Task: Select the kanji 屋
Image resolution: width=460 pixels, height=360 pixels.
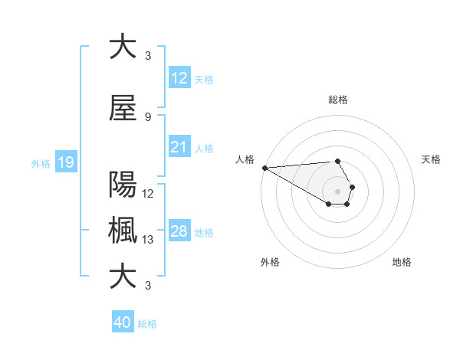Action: pyautogui.click(x=123, y=110)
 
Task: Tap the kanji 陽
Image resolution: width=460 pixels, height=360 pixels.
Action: pyautogui.click(x=123, y=185)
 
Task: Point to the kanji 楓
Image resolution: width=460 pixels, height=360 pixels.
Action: pyautogui.click(x=123, y=231)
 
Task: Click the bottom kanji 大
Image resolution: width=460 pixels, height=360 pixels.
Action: pyautogui.click(x=123, y=277)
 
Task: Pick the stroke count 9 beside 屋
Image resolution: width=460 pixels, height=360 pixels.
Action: pyautogui.click(x=147, y=117)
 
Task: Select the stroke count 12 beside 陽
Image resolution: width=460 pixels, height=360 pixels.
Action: pyautogui.click(x=148, y=194)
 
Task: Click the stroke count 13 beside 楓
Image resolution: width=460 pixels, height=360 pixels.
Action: pyautogui.click(x=148, y=240)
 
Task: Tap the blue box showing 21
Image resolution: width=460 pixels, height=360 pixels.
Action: pyautogui.click(x=179, y=148)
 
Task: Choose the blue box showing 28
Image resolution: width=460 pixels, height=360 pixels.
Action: pyautogui.click(x=179, y=232)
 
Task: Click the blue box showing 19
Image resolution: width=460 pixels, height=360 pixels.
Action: pyautogui.click(x=65, y=162)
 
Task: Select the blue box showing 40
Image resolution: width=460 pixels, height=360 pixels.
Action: pyautogui.click(x=123, y=322)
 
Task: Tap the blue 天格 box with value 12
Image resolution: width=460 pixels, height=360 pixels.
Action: pyautogui.click(x=179, y=79)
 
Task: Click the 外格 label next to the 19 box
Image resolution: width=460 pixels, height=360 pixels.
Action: pyautogui.click(x=41, y=163)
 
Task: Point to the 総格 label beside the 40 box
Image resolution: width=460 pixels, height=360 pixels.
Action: pyautogui.click(x=147, y=324)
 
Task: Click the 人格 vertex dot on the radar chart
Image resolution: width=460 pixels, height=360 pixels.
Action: pyautogui.click(x=264, y=168)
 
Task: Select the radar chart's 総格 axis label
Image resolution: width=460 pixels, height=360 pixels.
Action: pyautogui.click(x=337, y=100)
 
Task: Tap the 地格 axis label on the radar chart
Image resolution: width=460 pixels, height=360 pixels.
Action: pyautogui.click(x=402, y=262)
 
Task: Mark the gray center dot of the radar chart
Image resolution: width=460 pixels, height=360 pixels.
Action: pyautogui.click(x=337, y=191)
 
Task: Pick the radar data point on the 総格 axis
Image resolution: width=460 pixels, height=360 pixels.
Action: pyautogui.click(x=337, y=161)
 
